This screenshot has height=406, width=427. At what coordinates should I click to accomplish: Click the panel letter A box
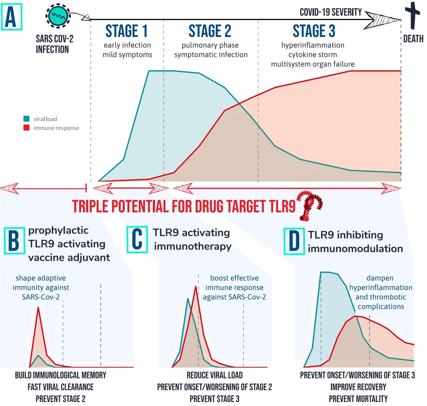click(x=11, y=17)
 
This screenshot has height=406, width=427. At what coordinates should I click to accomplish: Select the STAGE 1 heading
click(x=126, y=31)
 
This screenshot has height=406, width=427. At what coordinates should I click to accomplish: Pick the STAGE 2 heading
click(x=210, y=31)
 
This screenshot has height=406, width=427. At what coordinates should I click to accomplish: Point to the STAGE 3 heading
click(x=314, y=31)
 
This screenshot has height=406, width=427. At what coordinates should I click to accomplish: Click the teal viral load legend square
click(x=26, y=119)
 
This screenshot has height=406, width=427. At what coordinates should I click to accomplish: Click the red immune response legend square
click(x=26, y=128)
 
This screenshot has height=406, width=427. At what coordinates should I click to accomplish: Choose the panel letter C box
click(x=137, y=239)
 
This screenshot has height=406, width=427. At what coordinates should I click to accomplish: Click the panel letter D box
click(x=294, y=241)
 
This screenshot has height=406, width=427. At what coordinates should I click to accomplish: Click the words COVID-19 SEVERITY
click(x=330, y=13)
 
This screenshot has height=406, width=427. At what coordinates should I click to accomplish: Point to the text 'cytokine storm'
click(x=313, y=55)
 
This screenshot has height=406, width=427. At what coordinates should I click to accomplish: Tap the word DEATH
click(x=413, y=39)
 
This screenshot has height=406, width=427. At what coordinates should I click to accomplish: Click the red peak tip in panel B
click(x=38, y=308)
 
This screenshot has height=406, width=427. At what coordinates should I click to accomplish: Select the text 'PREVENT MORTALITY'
click(x=358, y=399)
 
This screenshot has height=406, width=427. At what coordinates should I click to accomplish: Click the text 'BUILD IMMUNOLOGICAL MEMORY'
click(x=61, y=375)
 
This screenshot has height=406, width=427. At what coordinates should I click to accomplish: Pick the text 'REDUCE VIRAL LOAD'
click(x=215, y=375)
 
